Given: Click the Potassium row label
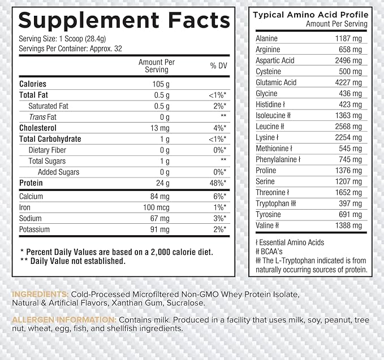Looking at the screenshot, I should point(34,229).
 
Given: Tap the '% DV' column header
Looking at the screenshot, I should point(218,66).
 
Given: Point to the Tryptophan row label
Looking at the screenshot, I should point(276,203).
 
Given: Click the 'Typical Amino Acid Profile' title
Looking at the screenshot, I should point(310,14).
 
